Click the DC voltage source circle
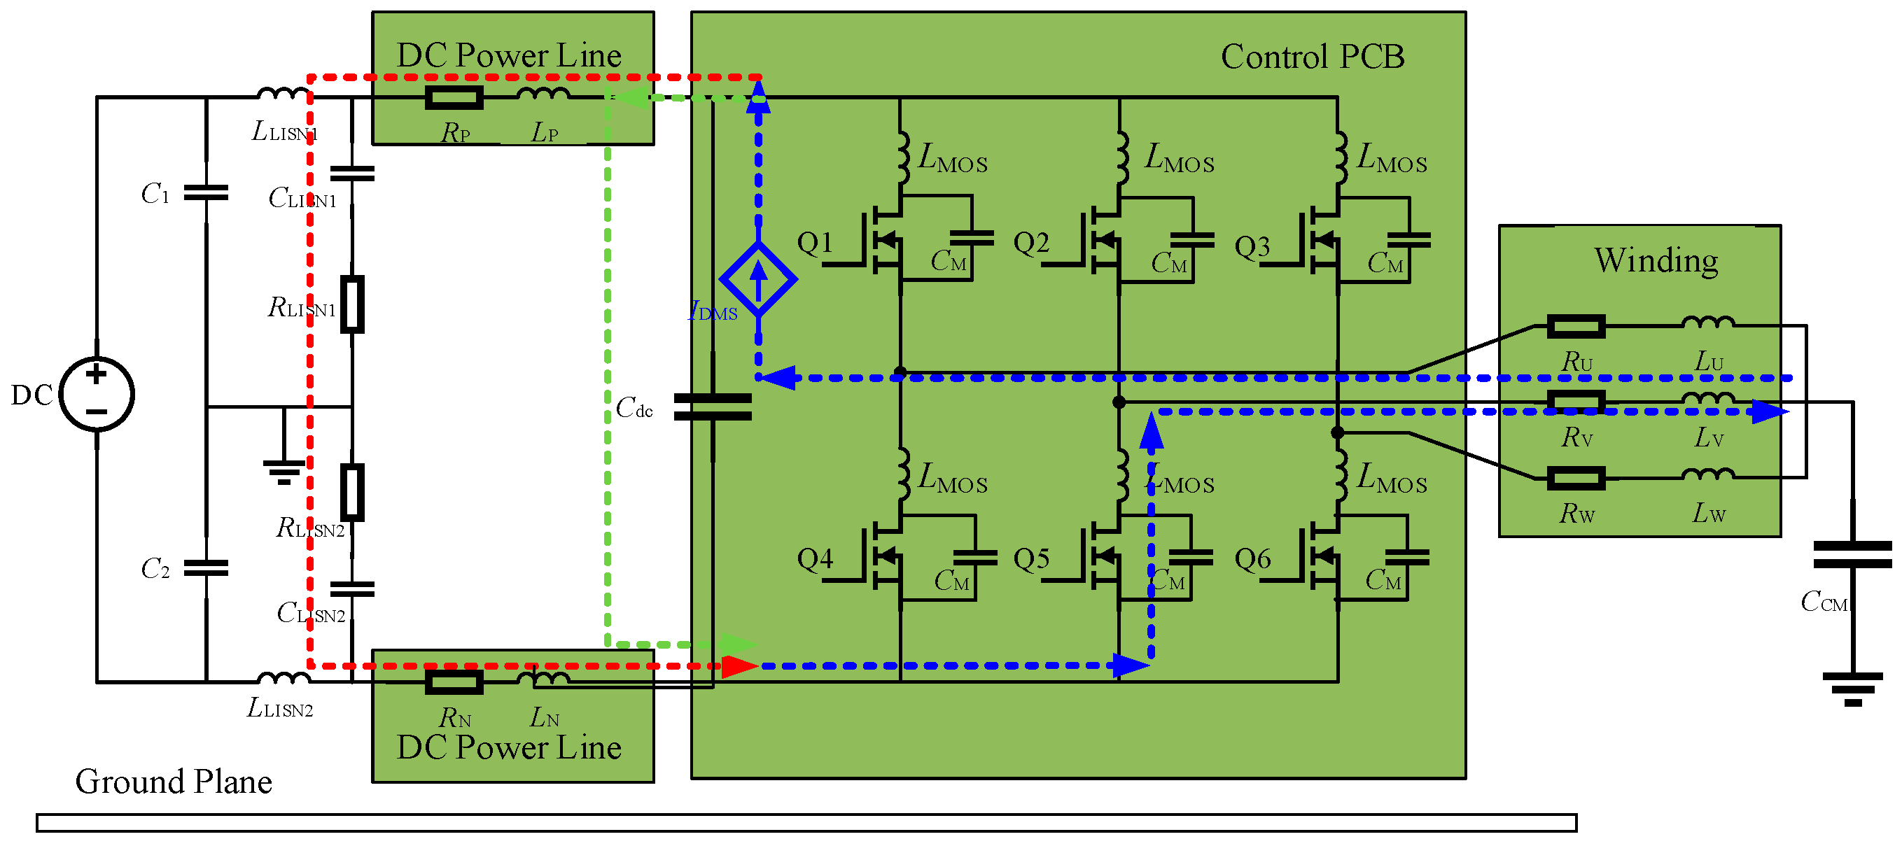(x=96, y=393)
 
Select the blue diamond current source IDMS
(x=757, y=279)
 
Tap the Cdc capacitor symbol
(x=713, y=407)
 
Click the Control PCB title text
(x=1311, y=57)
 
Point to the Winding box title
(x=1656, y=260)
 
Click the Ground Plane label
(x=174, y=781)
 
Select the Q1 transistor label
(x=814, y=242)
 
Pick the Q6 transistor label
(x=1252, y=559)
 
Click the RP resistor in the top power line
(x=454, y=97)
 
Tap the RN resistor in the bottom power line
(x=454, y=682)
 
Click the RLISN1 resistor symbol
(x=352, y=304)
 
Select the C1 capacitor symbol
(x=205, y=192)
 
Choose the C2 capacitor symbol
(x=205, y=567)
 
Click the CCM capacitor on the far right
(x=1852, y=554)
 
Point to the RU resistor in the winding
(x=1576, y=325)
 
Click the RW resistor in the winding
(x=1576, y=478)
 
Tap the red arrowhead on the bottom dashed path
(x=739, y=666)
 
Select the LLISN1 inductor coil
(x=284, y=94)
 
